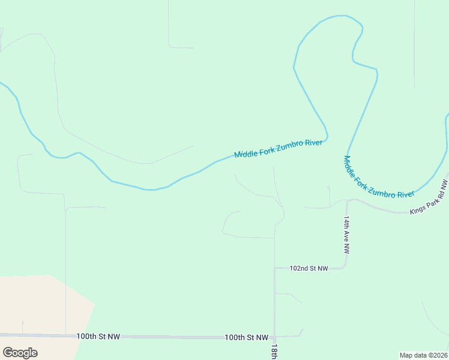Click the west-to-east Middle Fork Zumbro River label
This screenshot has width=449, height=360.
[x=279, y=148]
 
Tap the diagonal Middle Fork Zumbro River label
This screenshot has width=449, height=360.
[x=379, y=177]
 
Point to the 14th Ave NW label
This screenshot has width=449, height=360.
[x=347, y=235]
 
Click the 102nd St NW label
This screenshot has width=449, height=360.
[x=309, y=268]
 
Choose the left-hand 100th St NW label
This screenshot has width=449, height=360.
[x=98, y=337]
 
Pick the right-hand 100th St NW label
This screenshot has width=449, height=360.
[x=246, y=338]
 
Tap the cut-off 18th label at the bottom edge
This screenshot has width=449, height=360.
[x=274, y=352]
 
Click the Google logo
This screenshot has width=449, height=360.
[x=20, y=352]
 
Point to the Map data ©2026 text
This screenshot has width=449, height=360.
[x=424, y=355]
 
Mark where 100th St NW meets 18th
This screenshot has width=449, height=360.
[x=274, y=337]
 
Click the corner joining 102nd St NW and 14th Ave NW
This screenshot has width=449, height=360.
[x=346, y=266]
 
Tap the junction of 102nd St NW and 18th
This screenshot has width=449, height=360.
[x=274, y=268]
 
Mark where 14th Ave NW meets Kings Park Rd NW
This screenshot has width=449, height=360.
[x=348, y=200]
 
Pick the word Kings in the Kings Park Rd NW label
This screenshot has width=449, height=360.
[x=417, y=209]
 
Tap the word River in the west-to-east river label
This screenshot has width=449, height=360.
[x=315, y=143]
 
